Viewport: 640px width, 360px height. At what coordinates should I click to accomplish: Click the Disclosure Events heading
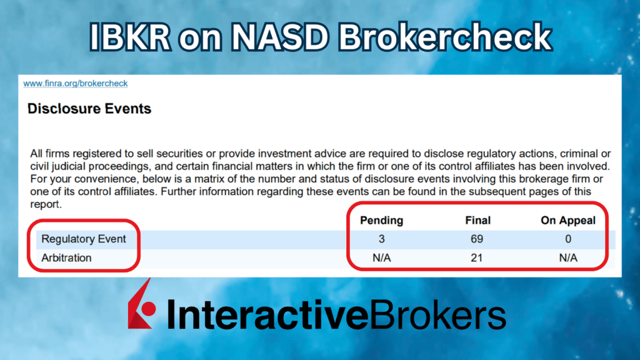(x=89, y=109)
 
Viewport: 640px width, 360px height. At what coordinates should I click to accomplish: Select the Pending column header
(x=381, y=220)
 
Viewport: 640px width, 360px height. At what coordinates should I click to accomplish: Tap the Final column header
(x=477, y=220)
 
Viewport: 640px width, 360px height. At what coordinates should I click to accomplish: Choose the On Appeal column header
(x=567, y=220)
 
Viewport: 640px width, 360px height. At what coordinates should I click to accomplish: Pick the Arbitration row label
(x=66, y=257)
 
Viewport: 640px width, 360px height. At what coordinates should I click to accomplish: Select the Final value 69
(x=477, y=239)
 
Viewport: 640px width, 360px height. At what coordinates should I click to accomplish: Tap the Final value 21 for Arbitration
(x=477, y=257)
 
